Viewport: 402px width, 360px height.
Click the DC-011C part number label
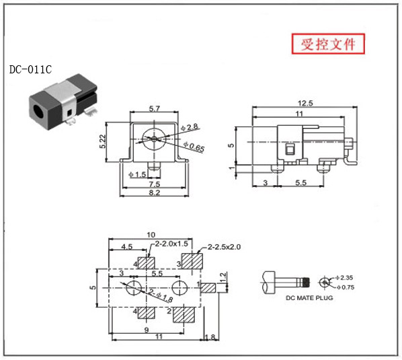click(30, 69)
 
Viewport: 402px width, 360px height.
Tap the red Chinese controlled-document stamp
click(328, 44)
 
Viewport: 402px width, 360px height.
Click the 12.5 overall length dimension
click(305, 103)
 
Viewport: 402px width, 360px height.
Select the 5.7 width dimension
click(155, 109)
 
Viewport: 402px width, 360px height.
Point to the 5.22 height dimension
click(103, 141)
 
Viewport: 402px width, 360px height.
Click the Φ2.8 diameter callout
click(190, 127)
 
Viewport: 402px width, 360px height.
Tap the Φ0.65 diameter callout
click(194, 147)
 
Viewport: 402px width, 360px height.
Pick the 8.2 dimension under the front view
click(155, 192)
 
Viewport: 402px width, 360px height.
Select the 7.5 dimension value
click(155, 184)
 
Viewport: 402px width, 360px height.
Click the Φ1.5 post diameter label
click(137, 175)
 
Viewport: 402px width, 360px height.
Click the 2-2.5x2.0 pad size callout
click(224, 247)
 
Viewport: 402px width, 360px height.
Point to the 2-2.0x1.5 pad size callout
click(171, 244)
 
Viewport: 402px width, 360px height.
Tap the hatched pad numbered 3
click(192, 261)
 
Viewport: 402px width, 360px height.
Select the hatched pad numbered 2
click(184, 315)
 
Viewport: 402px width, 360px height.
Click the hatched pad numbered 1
click(208, 288)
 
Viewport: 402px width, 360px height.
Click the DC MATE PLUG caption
click(309, 298)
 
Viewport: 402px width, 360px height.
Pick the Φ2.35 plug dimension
click(344, 278)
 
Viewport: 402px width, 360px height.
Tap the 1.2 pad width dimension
click(224, 277)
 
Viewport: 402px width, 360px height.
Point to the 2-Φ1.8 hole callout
click(161, 295)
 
